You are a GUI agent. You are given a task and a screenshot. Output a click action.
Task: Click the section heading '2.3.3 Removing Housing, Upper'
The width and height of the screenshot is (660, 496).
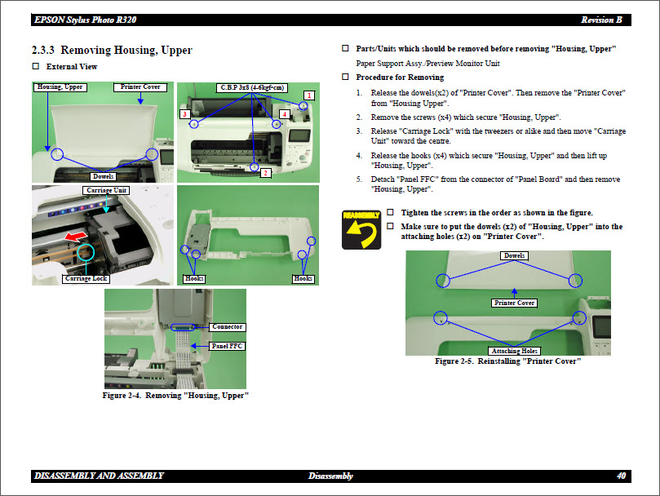coord(112,50)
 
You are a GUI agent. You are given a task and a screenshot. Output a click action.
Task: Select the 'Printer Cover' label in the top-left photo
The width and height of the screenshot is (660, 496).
coord(140,86)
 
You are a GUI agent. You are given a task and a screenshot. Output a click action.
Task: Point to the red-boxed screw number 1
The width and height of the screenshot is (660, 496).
coord(309,95)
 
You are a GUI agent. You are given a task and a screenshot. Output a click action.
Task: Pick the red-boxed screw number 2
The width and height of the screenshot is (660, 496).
coord(265,173)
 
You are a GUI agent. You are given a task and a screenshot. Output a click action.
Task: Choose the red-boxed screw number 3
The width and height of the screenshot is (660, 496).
coord(185,115)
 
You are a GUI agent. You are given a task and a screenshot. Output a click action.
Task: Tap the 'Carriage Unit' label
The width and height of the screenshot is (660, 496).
coord(106,190)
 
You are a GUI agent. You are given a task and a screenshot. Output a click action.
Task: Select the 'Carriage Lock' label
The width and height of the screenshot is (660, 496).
coord(86,279)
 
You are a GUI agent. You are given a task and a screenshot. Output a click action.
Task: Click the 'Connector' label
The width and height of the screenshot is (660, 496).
coord(227,327)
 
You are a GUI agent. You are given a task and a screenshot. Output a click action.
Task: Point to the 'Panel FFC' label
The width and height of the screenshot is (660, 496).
coord(227,346)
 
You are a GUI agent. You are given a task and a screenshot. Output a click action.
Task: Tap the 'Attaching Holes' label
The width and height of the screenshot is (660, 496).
coord(515,351)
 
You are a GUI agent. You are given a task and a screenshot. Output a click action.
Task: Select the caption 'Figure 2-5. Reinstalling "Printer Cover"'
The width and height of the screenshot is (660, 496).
coord(507,361)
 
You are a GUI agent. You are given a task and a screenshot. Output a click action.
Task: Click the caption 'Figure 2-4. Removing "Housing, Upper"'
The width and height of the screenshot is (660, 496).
coord(175,396)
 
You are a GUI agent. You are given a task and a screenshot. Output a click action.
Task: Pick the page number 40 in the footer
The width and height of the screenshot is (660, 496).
coord(621,476)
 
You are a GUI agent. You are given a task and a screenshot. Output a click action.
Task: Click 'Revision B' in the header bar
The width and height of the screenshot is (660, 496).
coord(601,20)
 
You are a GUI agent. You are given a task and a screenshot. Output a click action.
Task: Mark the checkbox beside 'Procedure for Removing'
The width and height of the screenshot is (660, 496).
coord(345,77)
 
